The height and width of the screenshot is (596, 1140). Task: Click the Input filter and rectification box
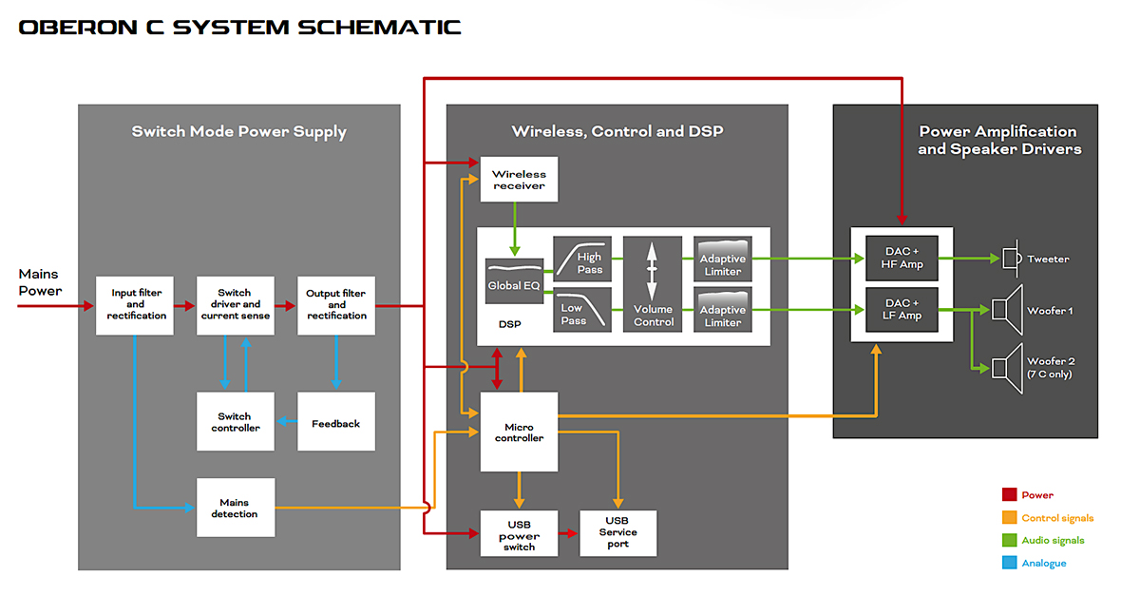(135, 305)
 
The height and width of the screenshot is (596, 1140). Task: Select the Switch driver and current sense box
(234, 305)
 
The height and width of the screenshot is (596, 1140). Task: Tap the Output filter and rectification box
(336, 305)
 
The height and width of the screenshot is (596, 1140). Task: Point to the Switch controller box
(234, 422)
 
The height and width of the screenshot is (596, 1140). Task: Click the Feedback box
(336, 422)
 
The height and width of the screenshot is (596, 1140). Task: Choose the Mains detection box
(234, 508)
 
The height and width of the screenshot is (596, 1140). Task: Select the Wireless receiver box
(519, 180)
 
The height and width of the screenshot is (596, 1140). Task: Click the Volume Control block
(653, 284)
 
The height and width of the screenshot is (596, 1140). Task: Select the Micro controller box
(519, 433)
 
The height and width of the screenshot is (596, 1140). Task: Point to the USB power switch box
(519, 535)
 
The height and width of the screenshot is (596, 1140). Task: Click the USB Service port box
(617, 532)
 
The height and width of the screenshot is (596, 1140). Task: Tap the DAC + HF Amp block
(902, 259)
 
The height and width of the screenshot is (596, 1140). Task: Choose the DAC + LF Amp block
(902, 310)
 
